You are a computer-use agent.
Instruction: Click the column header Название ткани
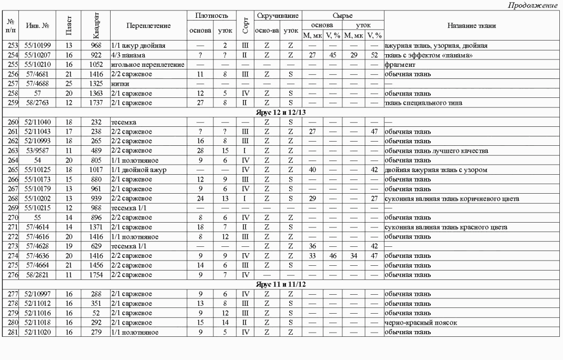coord(472,26)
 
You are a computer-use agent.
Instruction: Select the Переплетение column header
coord(149,26)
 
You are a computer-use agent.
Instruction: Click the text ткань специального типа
coord(423,103)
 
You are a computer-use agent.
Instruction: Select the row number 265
coord(11,170)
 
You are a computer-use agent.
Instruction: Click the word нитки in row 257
coord(120,84)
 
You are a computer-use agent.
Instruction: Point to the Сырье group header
coord(343,16)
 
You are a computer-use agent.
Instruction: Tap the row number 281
coord(11,333)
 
